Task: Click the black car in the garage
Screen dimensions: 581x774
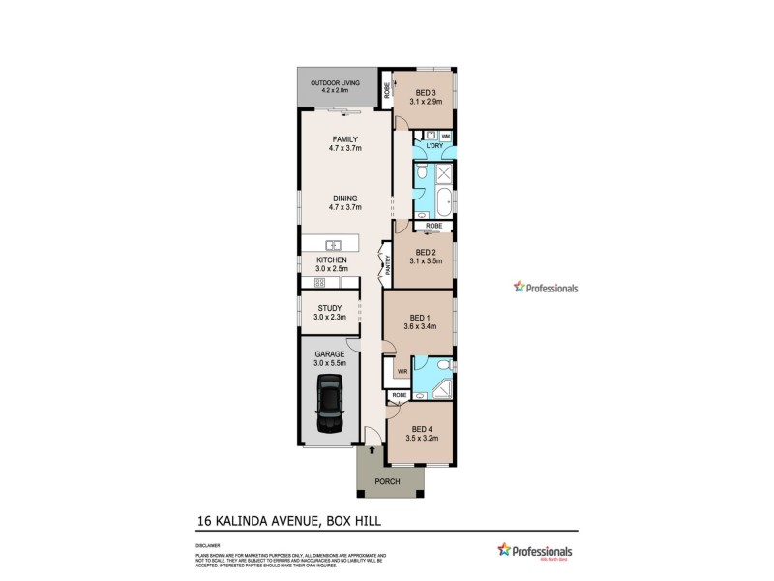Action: click(330, 405)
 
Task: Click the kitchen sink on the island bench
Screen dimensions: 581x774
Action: click(332, 244)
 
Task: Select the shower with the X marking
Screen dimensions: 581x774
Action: click(445, 175)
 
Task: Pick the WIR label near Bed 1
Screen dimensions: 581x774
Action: click(401, 371)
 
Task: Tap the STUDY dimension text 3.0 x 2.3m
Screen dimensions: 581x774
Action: click(330, 317)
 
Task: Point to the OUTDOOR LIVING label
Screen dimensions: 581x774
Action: click(335, 83)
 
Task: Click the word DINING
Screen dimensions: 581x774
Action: click(332, 199)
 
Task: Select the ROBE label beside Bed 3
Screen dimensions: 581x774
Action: click(387, 89)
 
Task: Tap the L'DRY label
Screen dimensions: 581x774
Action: click(433, 145)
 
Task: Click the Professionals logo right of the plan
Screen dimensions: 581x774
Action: click(546, 288)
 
